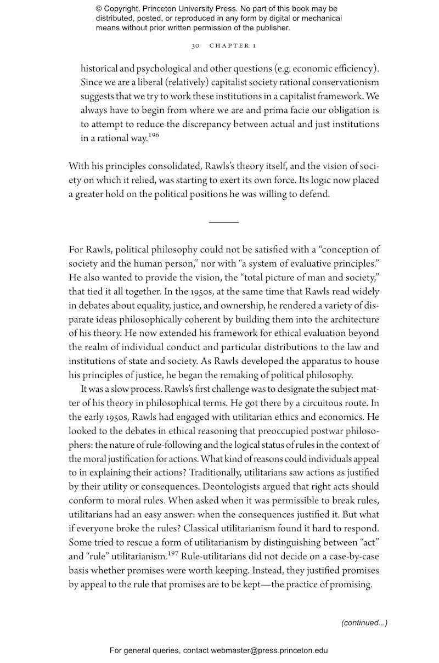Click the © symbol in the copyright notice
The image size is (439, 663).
click(99, 9)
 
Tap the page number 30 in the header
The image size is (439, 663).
click(195, 46)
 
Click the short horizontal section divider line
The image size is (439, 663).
click(224, 222)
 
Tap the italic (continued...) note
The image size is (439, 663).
click(364, 622)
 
